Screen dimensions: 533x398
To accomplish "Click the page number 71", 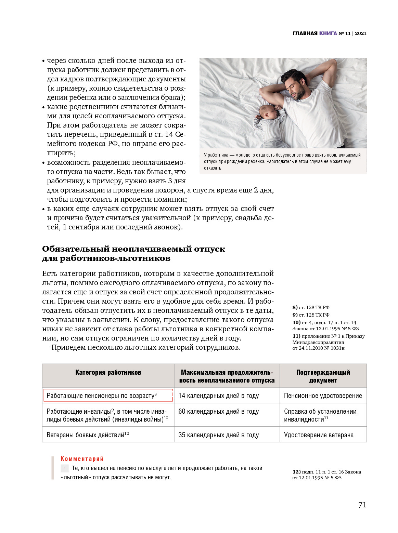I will [x=362, y=505].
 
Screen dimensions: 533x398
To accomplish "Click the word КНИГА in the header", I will [x=328, y=33].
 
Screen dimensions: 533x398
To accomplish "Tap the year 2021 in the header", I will [x=361, y=33].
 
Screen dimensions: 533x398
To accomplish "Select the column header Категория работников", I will [x=108, y=372].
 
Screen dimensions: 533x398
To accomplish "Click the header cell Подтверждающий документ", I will [x=323, y=376].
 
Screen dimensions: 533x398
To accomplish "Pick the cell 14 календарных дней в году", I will [x=218, y=396].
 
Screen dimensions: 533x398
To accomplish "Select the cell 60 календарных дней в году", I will [x=218, y=412].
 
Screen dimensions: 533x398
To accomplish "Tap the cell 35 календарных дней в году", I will [x=218, y=435].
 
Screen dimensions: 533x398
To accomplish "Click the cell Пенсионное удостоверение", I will [x=323, y=396].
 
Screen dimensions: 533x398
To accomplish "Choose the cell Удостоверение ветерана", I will [x=319, y=435].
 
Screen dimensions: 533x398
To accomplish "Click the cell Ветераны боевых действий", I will [x=86, y=435].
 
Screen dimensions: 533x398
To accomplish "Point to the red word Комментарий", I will [x=82, y=459].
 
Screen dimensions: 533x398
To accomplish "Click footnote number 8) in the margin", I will [x=295, y=307].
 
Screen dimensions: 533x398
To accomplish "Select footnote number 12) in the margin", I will [x=296, y=472].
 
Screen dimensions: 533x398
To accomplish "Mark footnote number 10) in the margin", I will [x=296, y=322].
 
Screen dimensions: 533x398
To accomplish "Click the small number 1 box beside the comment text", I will [x=64, y=468].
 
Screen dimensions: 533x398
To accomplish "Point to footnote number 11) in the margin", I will [x=296, y=336].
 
